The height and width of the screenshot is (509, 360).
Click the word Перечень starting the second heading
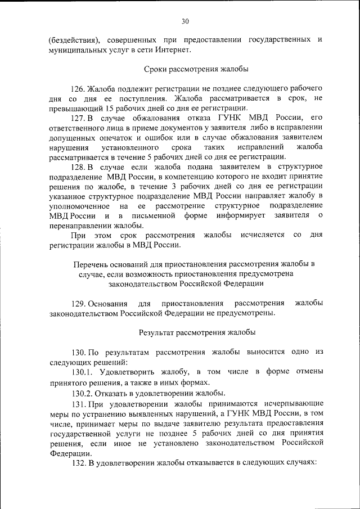89,264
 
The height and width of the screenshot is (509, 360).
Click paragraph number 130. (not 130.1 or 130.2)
78,352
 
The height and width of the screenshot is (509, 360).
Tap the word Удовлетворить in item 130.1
125,372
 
